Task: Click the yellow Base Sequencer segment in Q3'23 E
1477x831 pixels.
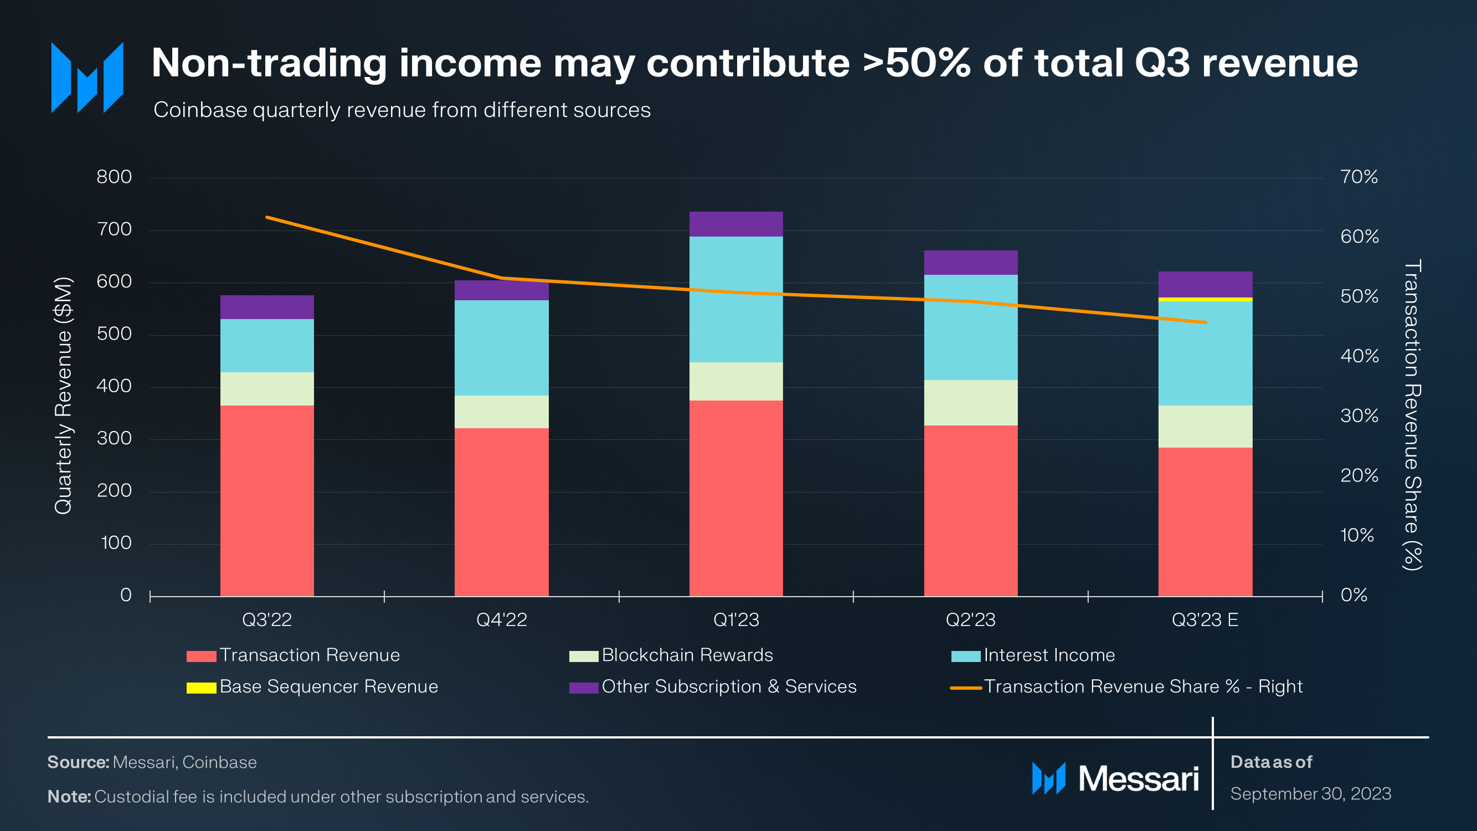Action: pyautogui.click(x=1205, y=299)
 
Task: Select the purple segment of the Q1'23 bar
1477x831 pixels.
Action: pyautogui.click(x=735, y=224)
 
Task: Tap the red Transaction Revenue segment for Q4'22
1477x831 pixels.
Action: pyautogui.click(x=501, y=511)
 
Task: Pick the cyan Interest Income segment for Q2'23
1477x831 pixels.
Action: pyautogui.click(x=970, y=327)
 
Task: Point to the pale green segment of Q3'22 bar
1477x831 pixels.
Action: pyautogui.click(x=266, y=389)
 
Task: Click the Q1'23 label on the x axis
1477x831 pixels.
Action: pyautogui.click(x=735, y=620)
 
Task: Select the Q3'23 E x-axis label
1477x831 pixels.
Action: pyautogui.click(x=1205, y=620)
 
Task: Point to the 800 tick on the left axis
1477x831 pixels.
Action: pyautogui.click(x=114, y=177)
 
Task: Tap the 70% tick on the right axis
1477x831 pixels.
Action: pyautogui.click(x=1359, y=177)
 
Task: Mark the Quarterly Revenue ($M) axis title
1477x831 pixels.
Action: pyautogui.click(x=63, y=396)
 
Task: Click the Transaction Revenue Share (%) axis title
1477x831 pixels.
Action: pyautogui.click(x=1413, y=414)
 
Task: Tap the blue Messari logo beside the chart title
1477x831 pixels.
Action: pyautogui.click(x=87, y=78)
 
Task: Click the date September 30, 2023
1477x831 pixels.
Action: pyautogui.click(x=1310, y=794)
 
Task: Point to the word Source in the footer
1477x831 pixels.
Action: pyautogui.click(x=78, y=762)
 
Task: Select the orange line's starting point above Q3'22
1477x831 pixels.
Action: pyautogui.click(x=267, y=217)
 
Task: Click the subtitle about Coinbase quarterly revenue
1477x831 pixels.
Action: pyautogui.click(x=402, y=110)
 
